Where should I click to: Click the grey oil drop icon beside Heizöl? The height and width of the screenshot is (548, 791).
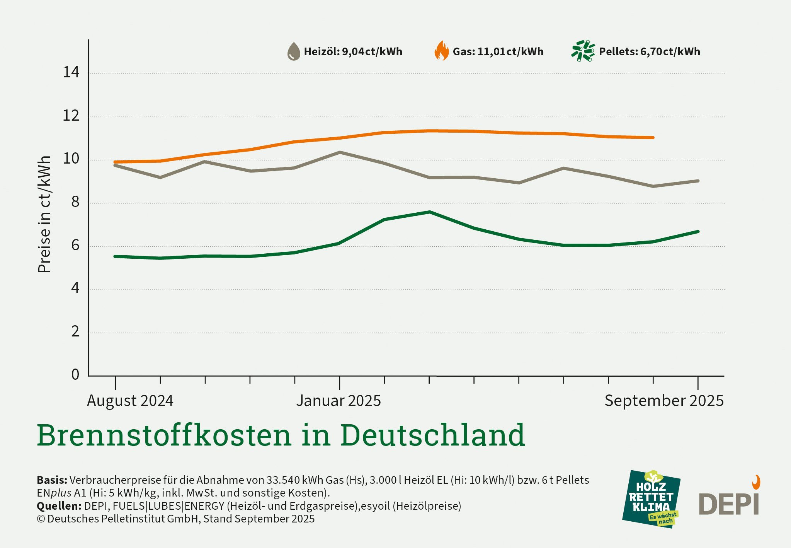click(x=294, y=51)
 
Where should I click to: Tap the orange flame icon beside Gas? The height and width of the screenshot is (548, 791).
click(x=442, y=51)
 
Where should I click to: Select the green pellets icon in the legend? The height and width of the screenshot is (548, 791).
click(x=583, y=51)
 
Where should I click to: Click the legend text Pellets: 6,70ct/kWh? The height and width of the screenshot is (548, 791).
click(x=649, y=52)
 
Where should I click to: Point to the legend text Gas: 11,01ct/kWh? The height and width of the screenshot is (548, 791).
click(x=498, y=52)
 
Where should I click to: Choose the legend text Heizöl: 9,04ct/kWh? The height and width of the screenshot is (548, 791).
click(x=353, y=52)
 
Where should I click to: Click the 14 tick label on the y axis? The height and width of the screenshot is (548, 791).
click(x=71, y=72)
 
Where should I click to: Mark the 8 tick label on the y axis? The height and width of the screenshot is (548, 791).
click(x=75, y=202)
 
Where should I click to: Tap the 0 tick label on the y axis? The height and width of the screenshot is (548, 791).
click(x=75, y=374)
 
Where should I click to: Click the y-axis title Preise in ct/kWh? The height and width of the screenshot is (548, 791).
click(x=44, y=215)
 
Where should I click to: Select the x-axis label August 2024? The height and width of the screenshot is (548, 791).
click(x=130, y=401)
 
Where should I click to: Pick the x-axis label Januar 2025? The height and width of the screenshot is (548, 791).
click(x=339, y=401)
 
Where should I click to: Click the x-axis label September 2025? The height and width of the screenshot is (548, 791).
click(x=664, y=401)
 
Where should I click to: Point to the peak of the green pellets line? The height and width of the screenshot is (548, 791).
click(x=429, y=212)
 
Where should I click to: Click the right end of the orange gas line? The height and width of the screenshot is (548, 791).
click(x=653, y=138)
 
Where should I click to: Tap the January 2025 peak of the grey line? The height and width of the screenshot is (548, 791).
click(x=340, y=152)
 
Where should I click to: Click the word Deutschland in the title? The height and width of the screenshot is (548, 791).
click(x=432, y=435)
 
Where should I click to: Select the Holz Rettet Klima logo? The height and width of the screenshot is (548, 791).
click(x=651, y=499)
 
